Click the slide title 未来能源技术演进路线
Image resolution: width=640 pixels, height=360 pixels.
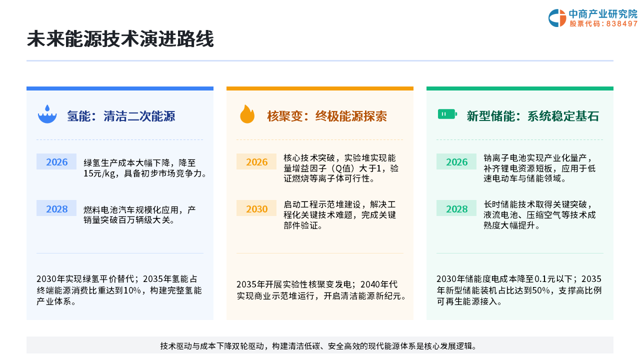(x=120, y=39)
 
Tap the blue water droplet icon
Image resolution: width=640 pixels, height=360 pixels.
(x=47, y=114)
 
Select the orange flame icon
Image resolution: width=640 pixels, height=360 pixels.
(x=247, y=114)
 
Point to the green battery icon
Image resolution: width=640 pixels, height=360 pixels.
(x=447, y=114)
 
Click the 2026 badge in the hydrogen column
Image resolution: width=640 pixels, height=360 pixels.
(x=56, y=161)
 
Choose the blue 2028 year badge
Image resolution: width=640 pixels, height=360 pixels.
(x=56, y=208)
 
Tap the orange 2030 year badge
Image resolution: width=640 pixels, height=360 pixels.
(x=256, y=208)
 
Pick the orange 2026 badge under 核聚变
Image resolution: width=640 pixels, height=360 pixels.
(x=256, y=161)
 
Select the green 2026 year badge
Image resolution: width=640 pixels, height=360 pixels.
(x=456, y=161)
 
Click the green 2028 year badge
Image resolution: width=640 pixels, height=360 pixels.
(x=456, y=208)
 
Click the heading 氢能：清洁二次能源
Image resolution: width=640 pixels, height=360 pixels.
(x=121, y=116)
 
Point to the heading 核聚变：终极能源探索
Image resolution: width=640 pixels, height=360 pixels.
(x=327, y=116)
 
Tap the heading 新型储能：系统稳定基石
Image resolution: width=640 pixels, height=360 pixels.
(x=533, y=116)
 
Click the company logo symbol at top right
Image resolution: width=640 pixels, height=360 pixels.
(x=557, y=18)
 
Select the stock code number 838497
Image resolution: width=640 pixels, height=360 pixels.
(x=622, y=23)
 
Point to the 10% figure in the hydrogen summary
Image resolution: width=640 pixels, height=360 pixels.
(x=132, y=290)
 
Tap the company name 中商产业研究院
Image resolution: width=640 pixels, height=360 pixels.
(x=603, y=13)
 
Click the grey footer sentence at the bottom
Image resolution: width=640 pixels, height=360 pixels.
(x=318, y=346)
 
